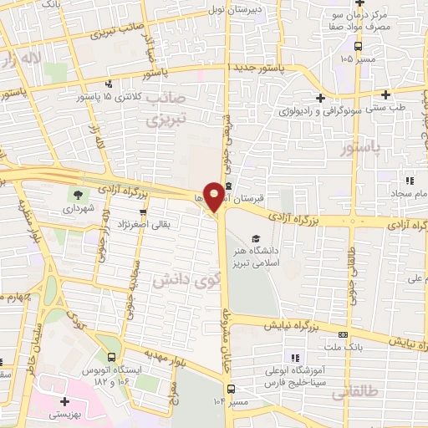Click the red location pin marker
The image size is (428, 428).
pos(214,196)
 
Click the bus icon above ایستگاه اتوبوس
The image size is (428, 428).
pos(101,355)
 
